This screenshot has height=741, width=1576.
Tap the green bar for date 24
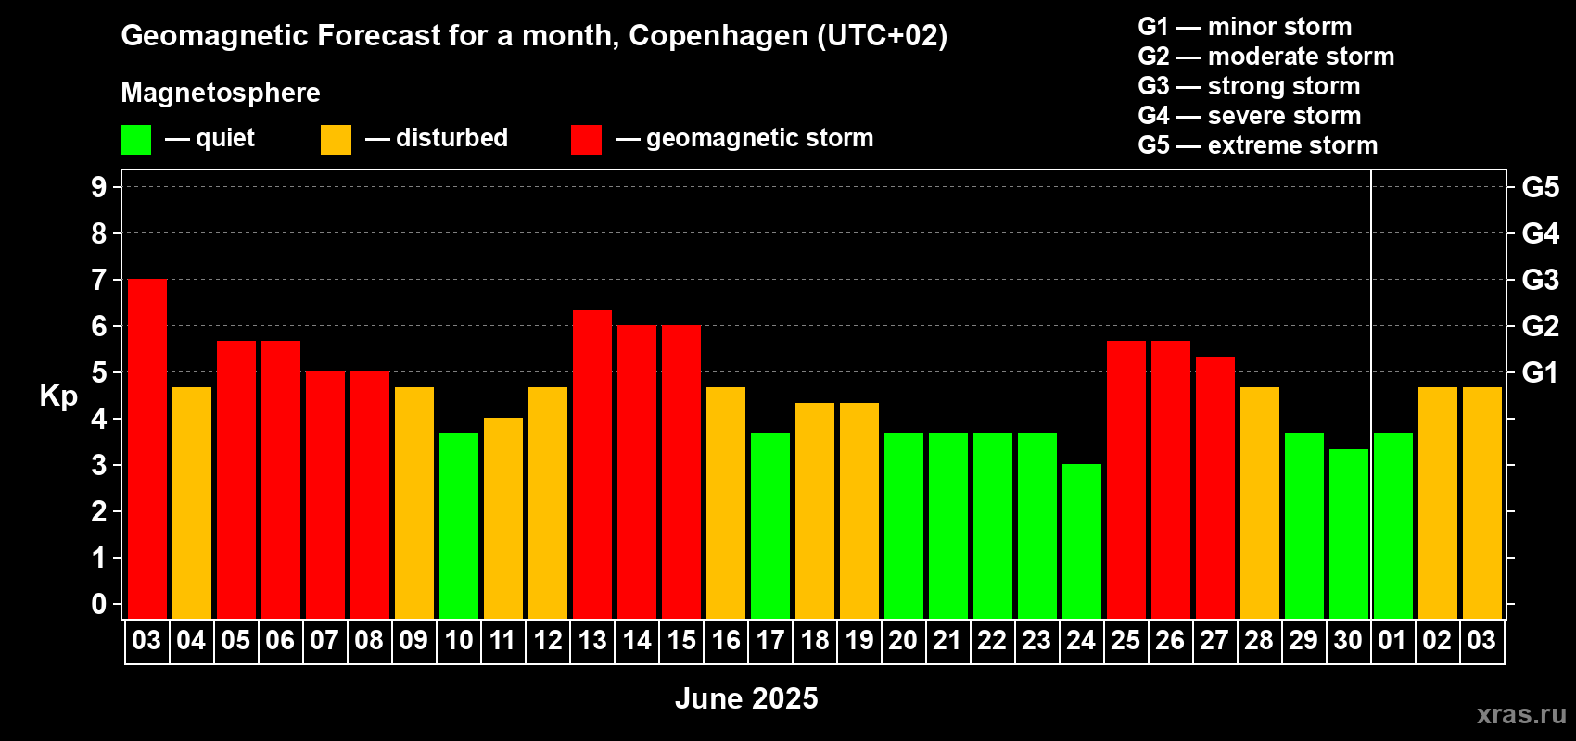(x=1082, y=542)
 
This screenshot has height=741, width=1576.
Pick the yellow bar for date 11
(x=503, y=519)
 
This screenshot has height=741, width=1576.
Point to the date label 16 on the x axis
(x=726, y=640)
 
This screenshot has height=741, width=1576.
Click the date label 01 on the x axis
(x=1392, y=640)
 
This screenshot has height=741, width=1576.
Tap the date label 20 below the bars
(x=903, y=640)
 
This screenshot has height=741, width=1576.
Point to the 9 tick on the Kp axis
(x=99, y=187)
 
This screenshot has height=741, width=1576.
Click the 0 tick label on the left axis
(x=99, y=604)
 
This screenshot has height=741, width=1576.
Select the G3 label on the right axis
(x=1541, y=280)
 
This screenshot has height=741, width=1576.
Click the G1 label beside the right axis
(x=1541, y=372)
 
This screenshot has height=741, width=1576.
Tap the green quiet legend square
(x=136, y=140)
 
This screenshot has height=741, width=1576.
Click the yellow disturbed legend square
(x=336, y=140)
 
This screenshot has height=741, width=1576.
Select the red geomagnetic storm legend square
(x=586, y=140)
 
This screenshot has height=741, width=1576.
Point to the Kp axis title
(x=58, y=396)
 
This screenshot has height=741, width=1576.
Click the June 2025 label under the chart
(x=746, y=698)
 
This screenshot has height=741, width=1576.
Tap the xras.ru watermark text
(x=1521, y=714)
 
